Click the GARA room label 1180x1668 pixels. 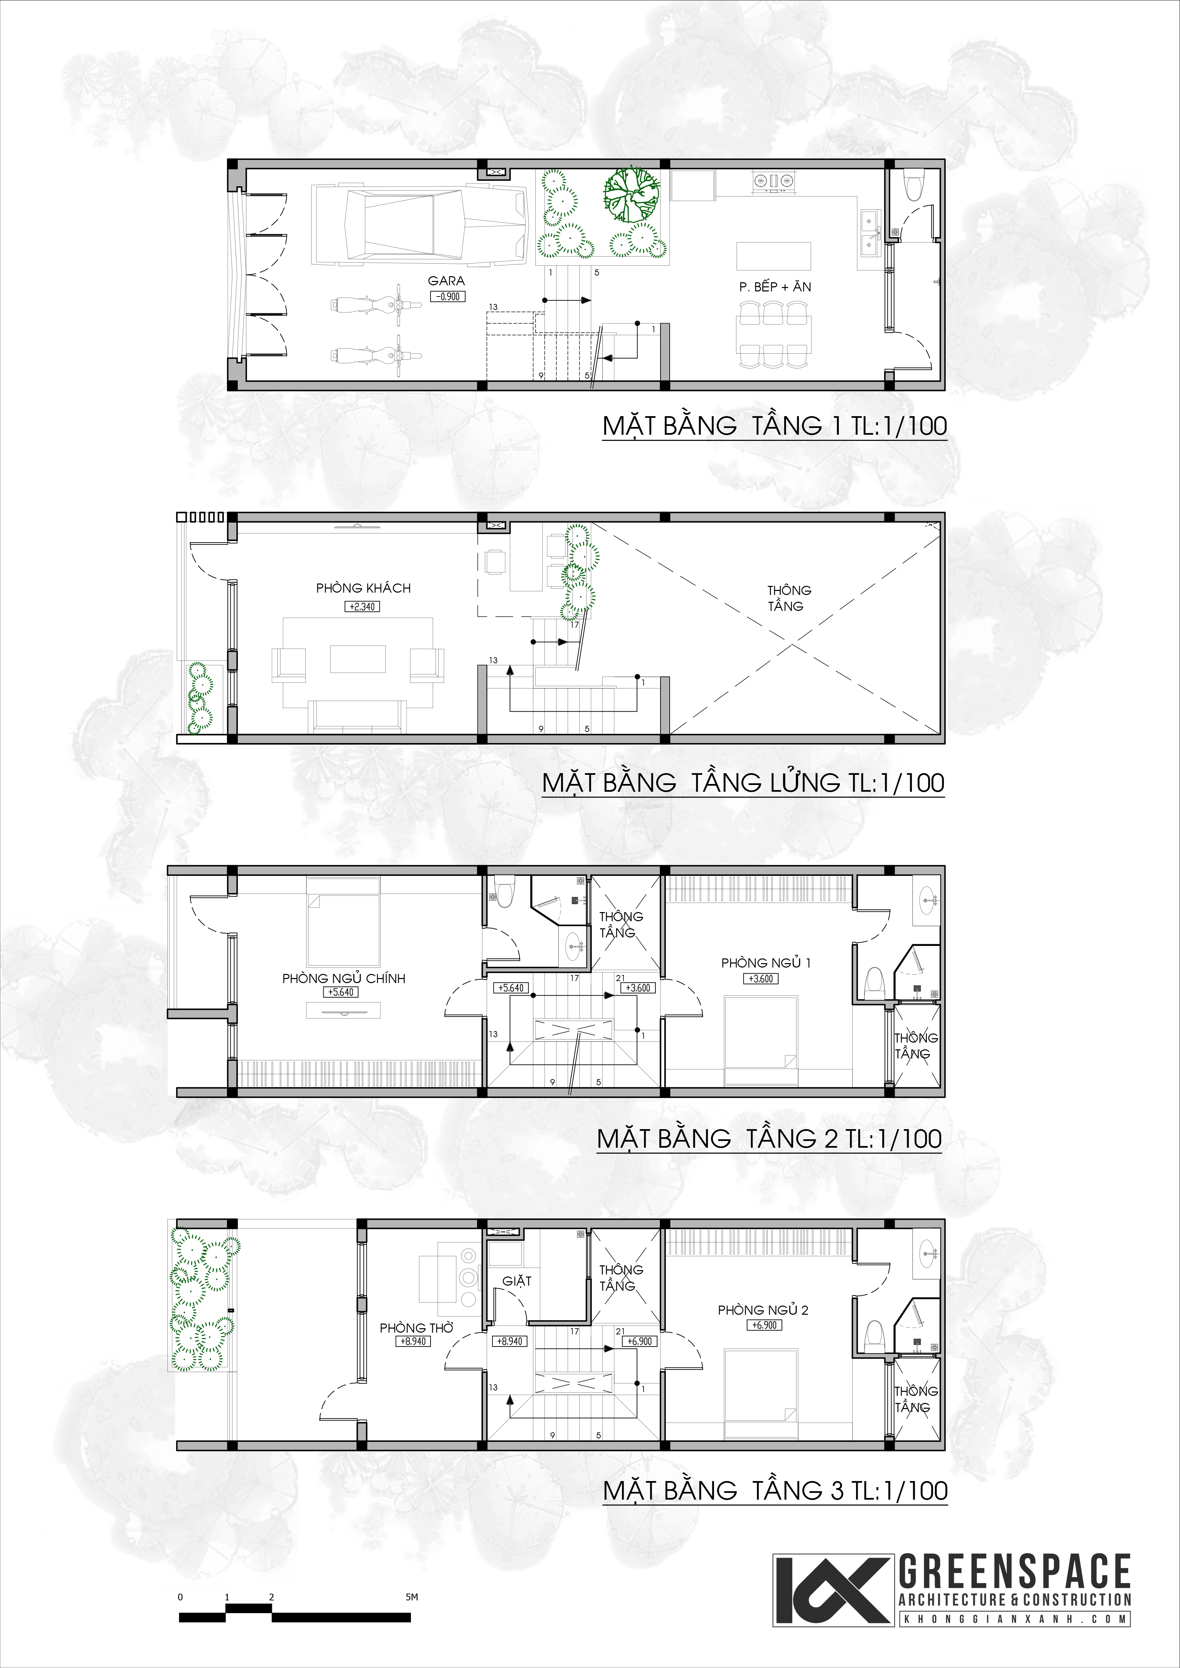(446, 280)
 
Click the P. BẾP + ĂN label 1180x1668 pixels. (774, 287)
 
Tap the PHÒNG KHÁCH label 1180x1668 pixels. (363, 589)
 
